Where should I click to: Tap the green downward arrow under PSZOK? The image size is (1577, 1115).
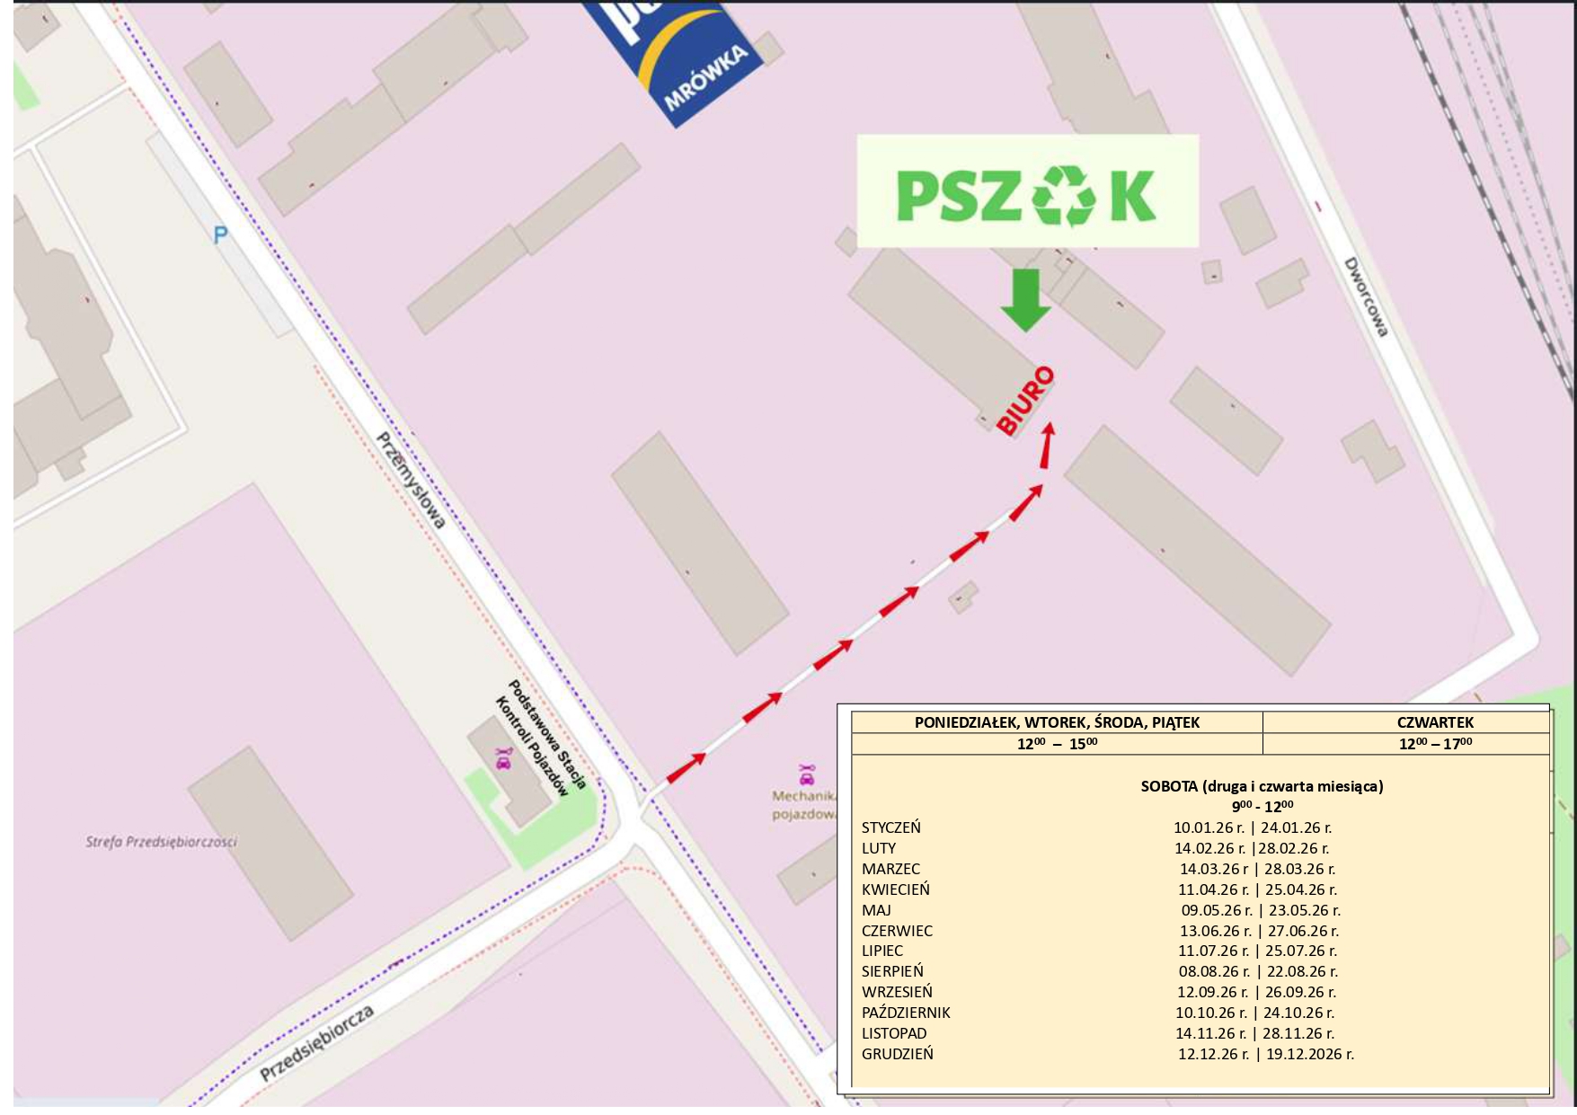pyautogui.click(x=1025, y=300)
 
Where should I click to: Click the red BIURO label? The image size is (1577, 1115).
pyautogui.click(x=1025, y=401)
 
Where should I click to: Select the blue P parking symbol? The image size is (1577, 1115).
pyautogui.click(x=220, y=235)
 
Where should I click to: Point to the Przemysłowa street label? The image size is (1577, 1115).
pyautogui.click(x=412, y=481)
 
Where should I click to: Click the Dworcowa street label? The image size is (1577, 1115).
pyautogui.click(x=1366, y=297)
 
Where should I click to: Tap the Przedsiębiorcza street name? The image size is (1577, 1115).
pyautogui.click(x=317, y=1043)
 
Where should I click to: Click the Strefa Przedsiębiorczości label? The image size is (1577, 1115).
pyautogui.click(x=161, y=842)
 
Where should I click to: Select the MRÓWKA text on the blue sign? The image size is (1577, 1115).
pyautogui.click(x=706, y=78)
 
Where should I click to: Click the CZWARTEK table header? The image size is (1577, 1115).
pyautogui.click(x=1435, y=722)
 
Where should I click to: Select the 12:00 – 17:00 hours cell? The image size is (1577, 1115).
pyautogui.click(x=1435, y=744)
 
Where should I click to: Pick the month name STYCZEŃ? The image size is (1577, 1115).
pyautogui.click(x=890, y=827)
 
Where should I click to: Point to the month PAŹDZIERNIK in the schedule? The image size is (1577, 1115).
pyautogui.click(x=906, y=1013)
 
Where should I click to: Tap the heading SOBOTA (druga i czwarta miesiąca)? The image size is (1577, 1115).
pyautogui.click(x=1262, y=786)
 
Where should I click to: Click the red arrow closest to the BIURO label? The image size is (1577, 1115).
pyautogui.click(x=1047, y=446)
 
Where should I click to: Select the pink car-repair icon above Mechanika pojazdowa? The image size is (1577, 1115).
pyautogui.click(x=807, y=774)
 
